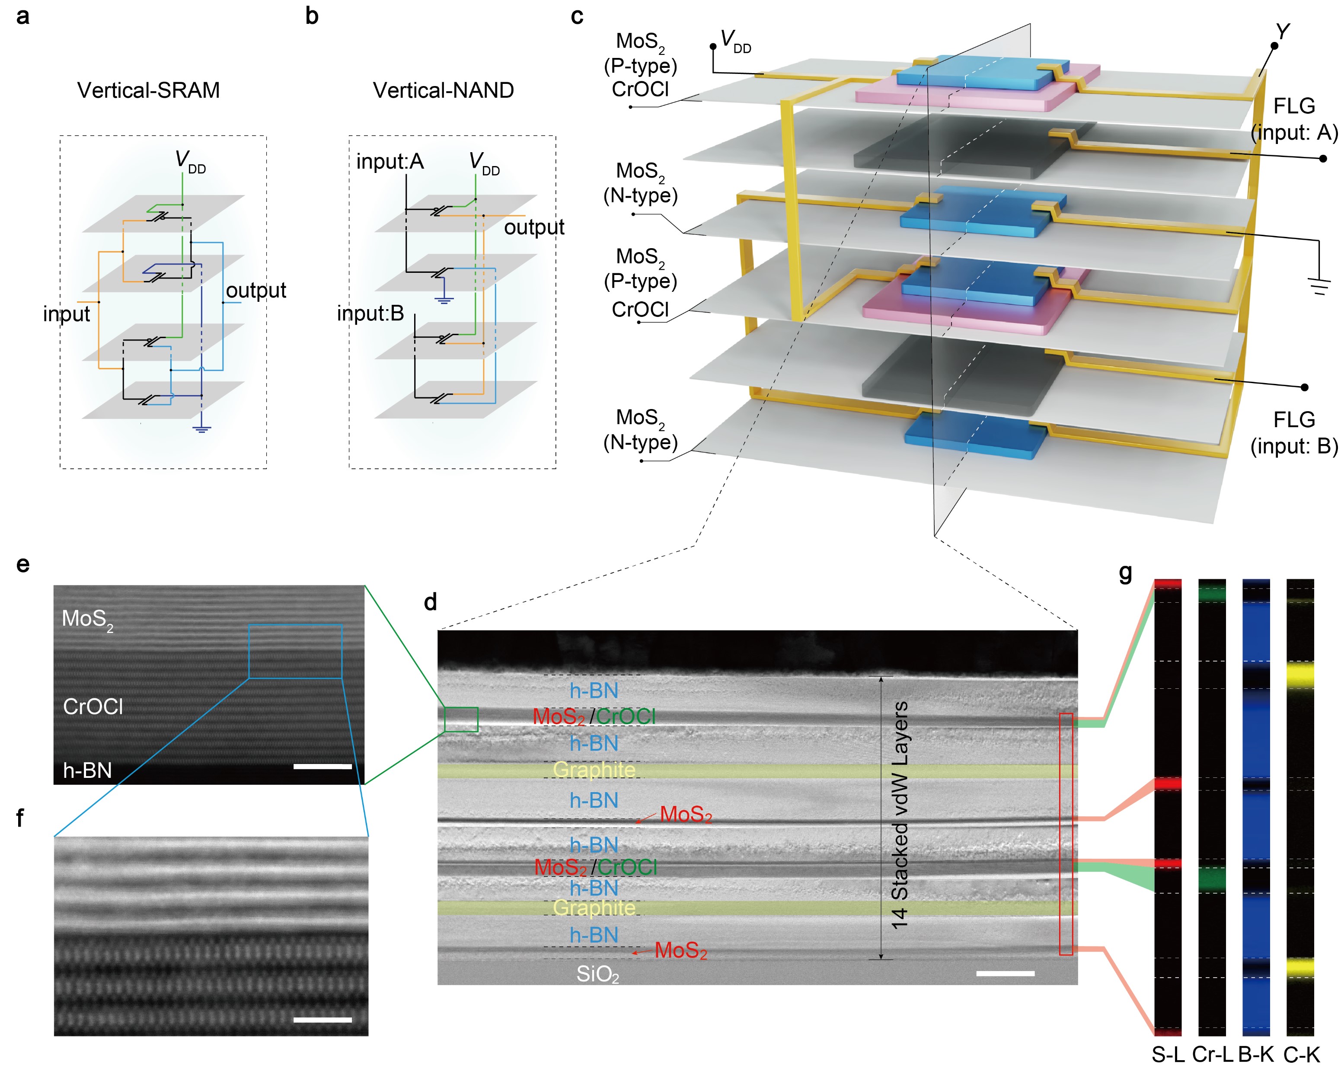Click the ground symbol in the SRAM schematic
pyautogui.click(x=201, y=428)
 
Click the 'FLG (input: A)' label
pyautogui.click(x=1294, y=119)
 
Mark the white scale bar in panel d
pyautogui.click(x=1005, y=973)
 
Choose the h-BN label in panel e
pyautogui.click(x=87, y=770)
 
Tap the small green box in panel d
pyautogui.click(x=461, y=719)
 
